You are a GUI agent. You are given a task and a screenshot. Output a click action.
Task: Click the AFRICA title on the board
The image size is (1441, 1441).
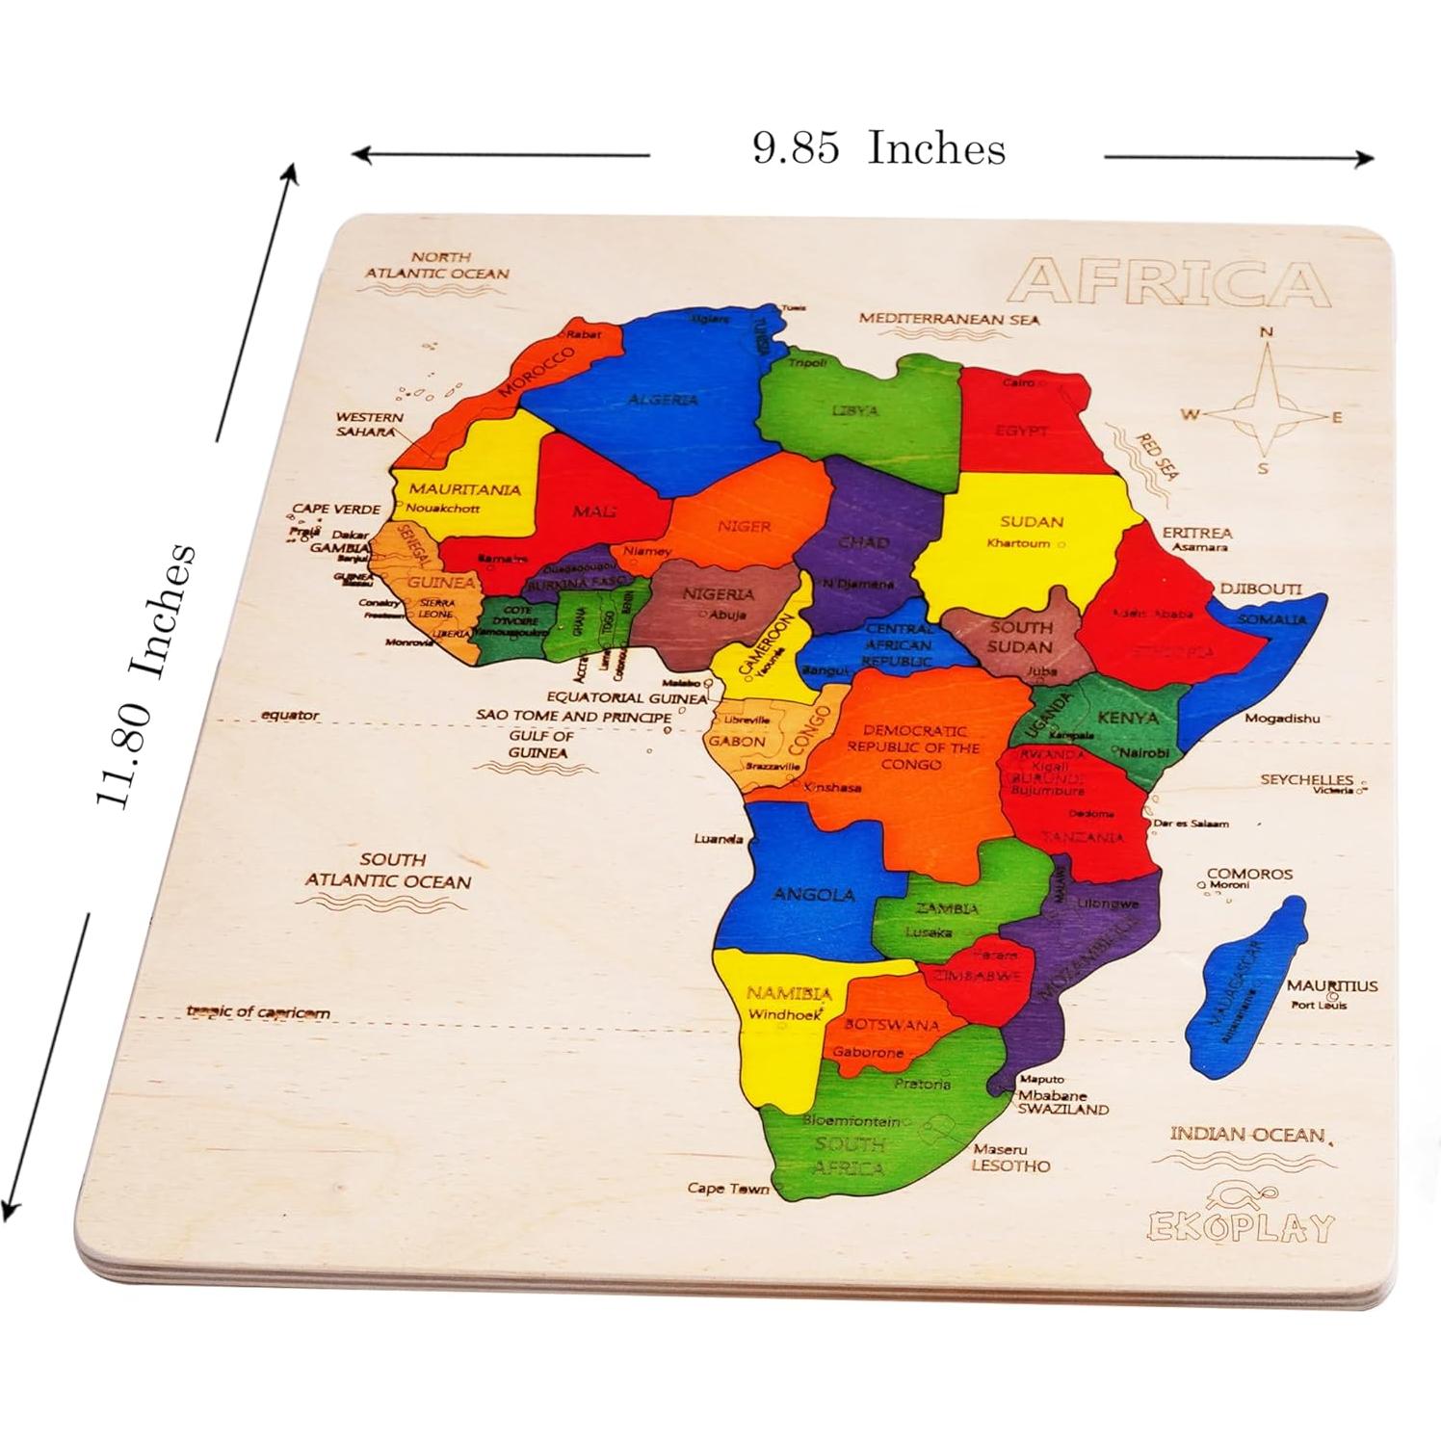(x=1171, y=282)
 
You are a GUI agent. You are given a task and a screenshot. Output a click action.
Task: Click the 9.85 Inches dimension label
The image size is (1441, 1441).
(x=878, y=148)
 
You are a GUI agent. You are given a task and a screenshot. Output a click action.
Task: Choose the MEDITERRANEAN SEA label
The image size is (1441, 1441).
(x=949, y=319)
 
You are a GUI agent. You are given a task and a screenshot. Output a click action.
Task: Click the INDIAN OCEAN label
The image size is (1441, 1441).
(x=1246, y=1135)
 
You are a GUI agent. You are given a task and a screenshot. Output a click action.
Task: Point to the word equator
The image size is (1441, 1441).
(x=290, y=716)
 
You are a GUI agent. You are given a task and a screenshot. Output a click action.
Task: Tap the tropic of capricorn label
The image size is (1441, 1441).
(x=258, y=1012)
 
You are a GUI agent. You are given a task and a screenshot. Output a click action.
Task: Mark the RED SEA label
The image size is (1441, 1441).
(x=1156, y=457)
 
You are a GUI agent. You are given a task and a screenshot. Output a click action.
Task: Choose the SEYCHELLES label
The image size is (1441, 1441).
(x=1306, y=779)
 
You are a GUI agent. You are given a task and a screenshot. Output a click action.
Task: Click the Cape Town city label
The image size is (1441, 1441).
(x=728, y=1189)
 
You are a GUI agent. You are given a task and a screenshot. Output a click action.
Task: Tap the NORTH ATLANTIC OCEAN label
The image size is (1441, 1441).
(x=435, y=265)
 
